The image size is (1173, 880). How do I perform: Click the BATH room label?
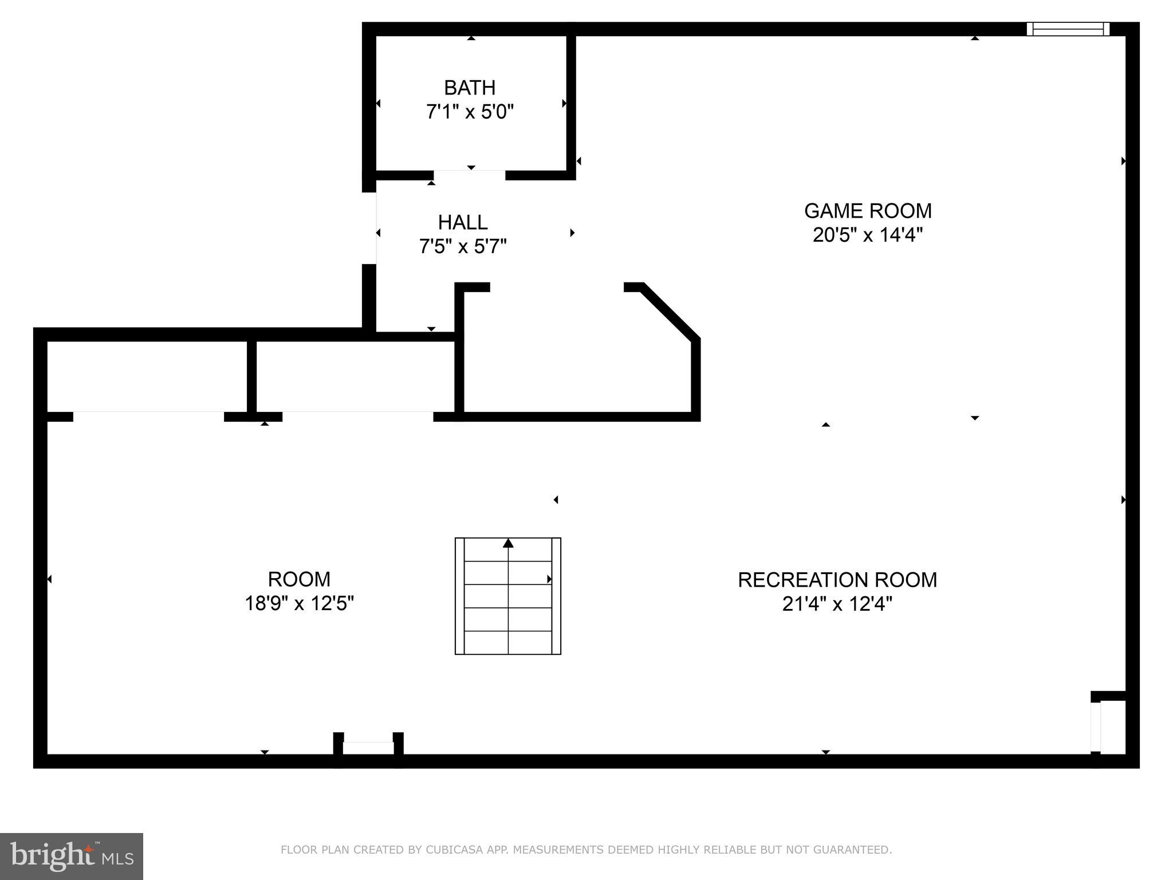point(469,88)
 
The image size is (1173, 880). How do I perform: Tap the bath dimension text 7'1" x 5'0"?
point(469,112)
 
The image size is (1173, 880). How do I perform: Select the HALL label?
point(463,222)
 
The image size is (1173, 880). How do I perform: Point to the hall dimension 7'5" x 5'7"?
point(463,247)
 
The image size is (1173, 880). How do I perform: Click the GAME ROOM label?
point(868,211)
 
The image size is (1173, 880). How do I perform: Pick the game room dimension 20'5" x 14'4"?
point(868,235)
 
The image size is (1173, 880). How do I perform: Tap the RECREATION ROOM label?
point(837,580)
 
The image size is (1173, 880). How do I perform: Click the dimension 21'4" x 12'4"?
point(837,604)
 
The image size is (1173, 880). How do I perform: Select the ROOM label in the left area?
point(299,579)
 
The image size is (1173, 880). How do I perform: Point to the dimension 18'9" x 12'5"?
point(299,603)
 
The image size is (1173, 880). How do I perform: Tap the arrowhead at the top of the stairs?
point(508,543)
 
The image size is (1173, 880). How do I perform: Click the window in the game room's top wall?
point(1068,29)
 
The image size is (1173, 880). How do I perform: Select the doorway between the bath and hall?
point(469,175)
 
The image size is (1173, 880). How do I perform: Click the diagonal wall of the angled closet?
point(669,312)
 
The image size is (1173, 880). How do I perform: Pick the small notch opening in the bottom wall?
point(368,748)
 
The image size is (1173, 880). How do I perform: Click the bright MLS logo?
point(72,856)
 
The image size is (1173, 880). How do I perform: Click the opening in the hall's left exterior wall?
point(369,228)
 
